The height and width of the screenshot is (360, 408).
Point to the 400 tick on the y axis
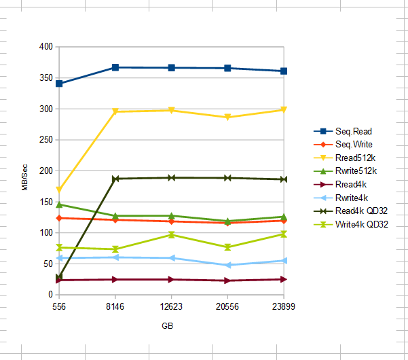pyautogui.click(x=46, y=47)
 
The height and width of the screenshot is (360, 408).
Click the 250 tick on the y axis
pyautogui.click(x=46, y=140)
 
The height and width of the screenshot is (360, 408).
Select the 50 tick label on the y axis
pyautogui.click(x=48, y=264)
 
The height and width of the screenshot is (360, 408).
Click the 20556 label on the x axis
pyautogui.click(x=227, y=307)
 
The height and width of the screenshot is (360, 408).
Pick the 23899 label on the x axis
pyautogui.click(x=284, y=307)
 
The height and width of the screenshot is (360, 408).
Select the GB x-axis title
pyautogui.click(x=167, y=326)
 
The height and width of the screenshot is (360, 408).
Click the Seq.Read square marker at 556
pyautogui.click(x=59, y=84)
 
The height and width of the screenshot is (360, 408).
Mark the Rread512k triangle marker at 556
pyautogui.click(x=59, y=190)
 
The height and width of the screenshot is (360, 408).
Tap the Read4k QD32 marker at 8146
pyautogui.click(x=115, y=179)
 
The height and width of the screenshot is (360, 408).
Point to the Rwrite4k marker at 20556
pyautogui.click(x=227, y=265)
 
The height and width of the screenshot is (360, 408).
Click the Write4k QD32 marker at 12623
pyautogui.click(x=172, y=235)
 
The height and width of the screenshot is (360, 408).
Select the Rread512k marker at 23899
pyautogui.click(x=284, y=109)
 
